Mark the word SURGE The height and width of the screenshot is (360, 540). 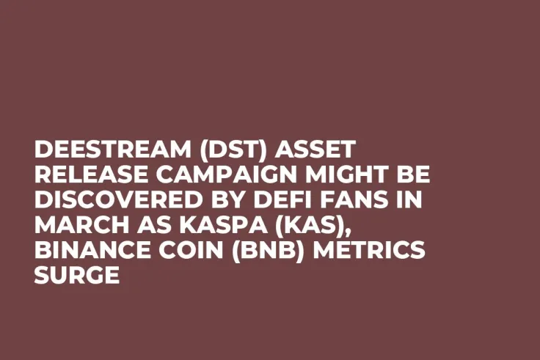[x=76, y=276]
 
